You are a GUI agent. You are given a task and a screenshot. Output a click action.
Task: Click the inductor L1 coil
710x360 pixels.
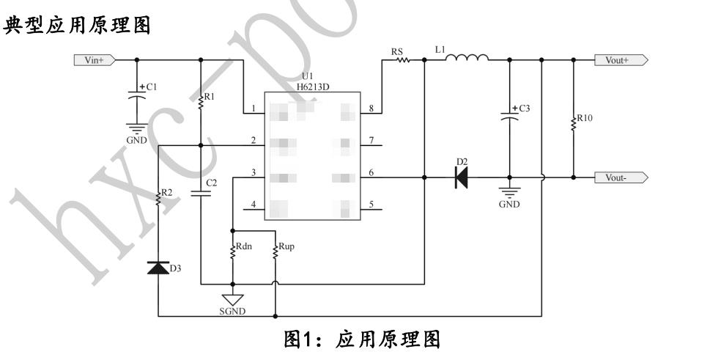(x=467, y=57)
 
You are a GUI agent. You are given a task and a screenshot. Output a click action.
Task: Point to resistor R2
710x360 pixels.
(x=158, y=196)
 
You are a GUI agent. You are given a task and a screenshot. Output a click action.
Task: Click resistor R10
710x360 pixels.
(x=573, y=119)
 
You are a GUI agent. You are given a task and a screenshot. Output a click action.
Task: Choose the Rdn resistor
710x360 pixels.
(x=232, y=251)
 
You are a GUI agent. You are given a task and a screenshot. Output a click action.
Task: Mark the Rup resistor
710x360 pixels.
(x=275, y=251)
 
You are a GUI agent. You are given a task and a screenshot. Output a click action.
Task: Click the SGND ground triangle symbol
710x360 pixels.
(x=232, y=299)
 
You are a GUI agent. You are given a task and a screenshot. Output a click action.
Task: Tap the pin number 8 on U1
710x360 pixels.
(x=371, y=109)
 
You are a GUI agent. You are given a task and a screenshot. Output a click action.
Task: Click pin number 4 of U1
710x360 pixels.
(x=253, y=205)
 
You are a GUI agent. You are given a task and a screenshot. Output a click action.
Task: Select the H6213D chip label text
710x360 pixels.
(x=312, y=87)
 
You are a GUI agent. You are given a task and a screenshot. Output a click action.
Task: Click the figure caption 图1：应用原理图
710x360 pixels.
(x=355, y=339)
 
